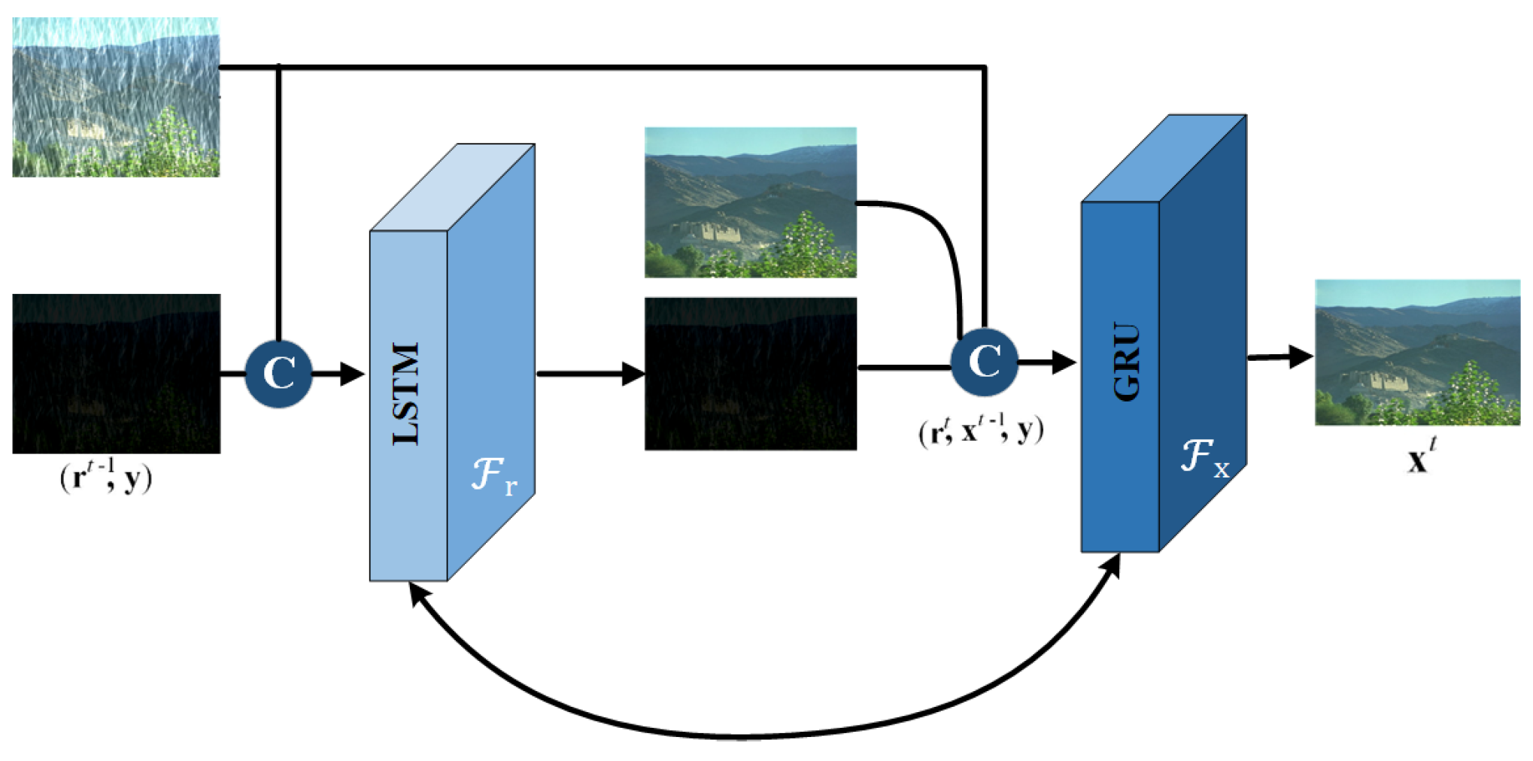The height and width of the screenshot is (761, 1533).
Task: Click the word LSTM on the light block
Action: (406, 393)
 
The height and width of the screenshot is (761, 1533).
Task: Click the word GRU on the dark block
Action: (1126, 362)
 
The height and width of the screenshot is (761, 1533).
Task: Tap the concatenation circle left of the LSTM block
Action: (278, 374)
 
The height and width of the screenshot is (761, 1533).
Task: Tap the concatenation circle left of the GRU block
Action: (985, 362)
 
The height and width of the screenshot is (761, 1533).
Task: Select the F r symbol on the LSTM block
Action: (494, 475)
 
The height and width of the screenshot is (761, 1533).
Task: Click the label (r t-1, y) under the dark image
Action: (106, 476)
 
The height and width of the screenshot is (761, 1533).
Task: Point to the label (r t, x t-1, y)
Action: (981, 429)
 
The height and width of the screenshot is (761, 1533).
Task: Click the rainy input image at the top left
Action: (116, 97)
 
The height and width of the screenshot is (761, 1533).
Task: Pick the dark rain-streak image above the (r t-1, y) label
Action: (117, 374)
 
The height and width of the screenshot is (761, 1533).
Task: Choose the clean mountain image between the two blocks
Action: (751, 202)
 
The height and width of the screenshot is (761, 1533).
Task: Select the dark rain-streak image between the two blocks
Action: (751, 374)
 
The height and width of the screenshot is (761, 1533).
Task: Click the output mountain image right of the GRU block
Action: (1418, 353)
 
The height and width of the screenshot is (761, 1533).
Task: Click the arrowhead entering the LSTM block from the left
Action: (352, 374)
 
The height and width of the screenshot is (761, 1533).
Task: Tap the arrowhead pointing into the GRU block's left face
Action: (1064, 362)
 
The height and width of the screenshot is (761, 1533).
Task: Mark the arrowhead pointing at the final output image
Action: (1301, 356)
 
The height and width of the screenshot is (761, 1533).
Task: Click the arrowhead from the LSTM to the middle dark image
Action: (633, 374)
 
